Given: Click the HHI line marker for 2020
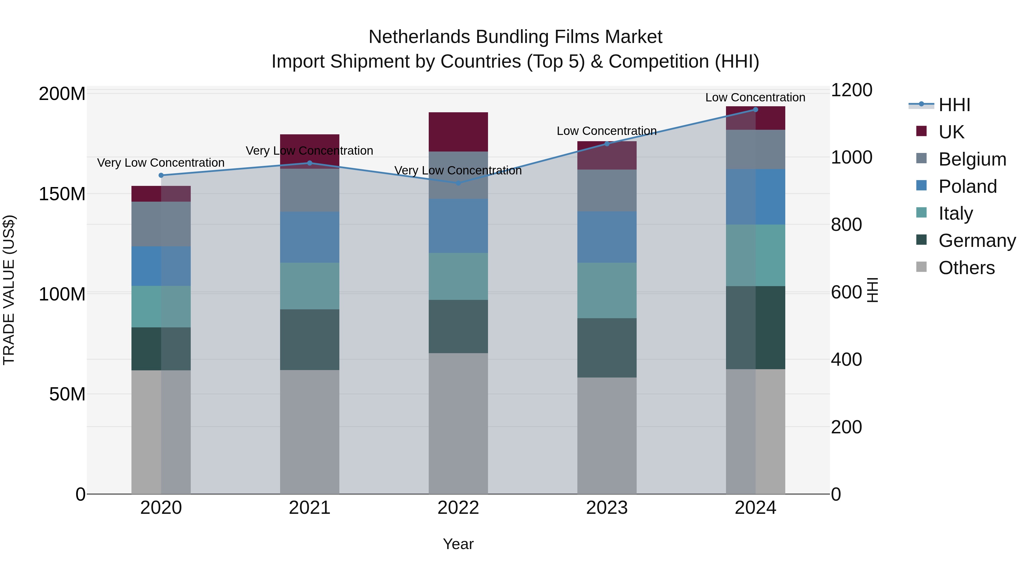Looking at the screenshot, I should (161, 175).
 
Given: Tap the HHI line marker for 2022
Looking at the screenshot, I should (458, 183).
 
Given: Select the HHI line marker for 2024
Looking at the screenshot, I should (756, 110).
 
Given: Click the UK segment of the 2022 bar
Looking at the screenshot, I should (458, 132).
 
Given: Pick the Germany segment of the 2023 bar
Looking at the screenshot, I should (607, 347).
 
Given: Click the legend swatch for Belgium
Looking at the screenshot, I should (921, 158).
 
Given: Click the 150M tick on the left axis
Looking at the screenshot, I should (62, 194).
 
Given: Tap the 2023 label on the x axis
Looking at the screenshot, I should (607, 508).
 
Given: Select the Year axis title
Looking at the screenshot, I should (458, 544).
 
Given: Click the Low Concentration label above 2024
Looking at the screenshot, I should (755, 97).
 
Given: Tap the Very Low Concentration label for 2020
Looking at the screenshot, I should (161, 162).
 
